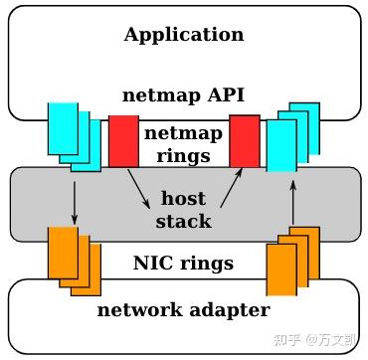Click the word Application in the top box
tap(184, 35)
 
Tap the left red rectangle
tap(123, 140)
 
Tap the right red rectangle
tap(245, 140)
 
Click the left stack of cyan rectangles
tap(73, 136)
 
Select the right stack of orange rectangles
tap(292, 261)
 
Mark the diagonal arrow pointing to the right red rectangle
tap(230, 186)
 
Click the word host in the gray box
tap(184, 199)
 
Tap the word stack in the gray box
tap(184, 221)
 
